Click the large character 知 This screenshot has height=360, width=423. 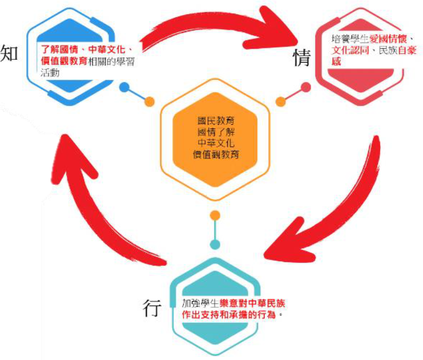[10, 54]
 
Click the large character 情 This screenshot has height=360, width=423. [302, 58]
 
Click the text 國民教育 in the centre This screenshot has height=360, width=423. [215, 121]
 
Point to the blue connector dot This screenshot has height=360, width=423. [125, 87]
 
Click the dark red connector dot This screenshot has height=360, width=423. [306, 87]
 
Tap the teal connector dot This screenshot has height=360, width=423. [215, 244]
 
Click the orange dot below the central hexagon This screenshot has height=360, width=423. [215, 215]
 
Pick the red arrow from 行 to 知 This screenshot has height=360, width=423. [95, 201]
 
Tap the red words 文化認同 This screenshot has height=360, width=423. [349, 51]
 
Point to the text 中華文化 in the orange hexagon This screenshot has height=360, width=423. [215, 143]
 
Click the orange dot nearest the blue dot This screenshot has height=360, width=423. [149, 101]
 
